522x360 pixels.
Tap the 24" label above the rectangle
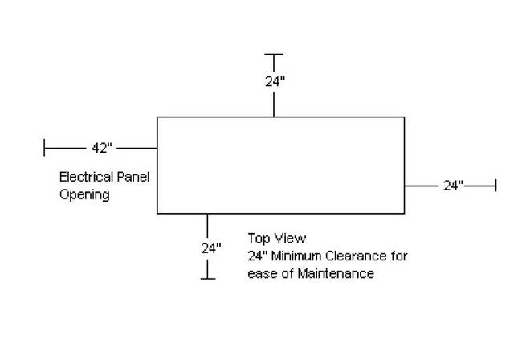tap(275, 80)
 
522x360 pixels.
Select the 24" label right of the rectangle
tap(453, 186)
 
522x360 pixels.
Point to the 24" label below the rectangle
tap(210, 248)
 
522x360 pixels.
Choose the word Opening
tap(84, 194)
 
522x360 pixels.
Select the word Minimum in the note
tap(303, 256)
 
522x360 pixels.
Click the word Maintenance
tap(335, 274)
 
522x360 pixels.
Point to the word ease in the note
tap(261, 274)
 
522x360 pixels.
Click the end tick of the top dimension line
tap(275, 55)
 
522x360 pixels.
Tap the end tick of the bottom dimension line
tap(208, 278)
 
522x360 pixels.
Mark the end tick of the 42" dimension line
tap(45, 148)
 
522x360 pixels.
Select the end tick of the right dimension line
tap(495, 186)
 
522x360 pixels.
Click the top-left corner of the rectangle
tap(157, 117)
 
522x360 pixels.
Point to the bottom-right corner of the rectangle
tap(404, 213)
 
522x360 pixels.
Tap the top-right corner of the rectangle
tap(404, 117)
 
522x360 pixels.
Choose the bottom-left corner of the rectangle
tap(157, 213)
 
